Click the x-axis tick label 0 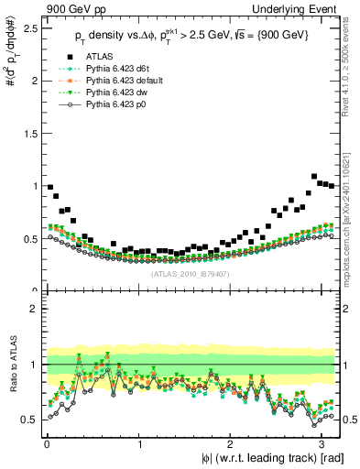(x=47, y=443)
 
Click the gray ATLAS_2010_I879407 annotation (x=191, y=272)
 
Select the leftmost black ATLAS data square (x=50, y=187)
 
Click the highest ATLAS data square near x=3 (x=315, y=176)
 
